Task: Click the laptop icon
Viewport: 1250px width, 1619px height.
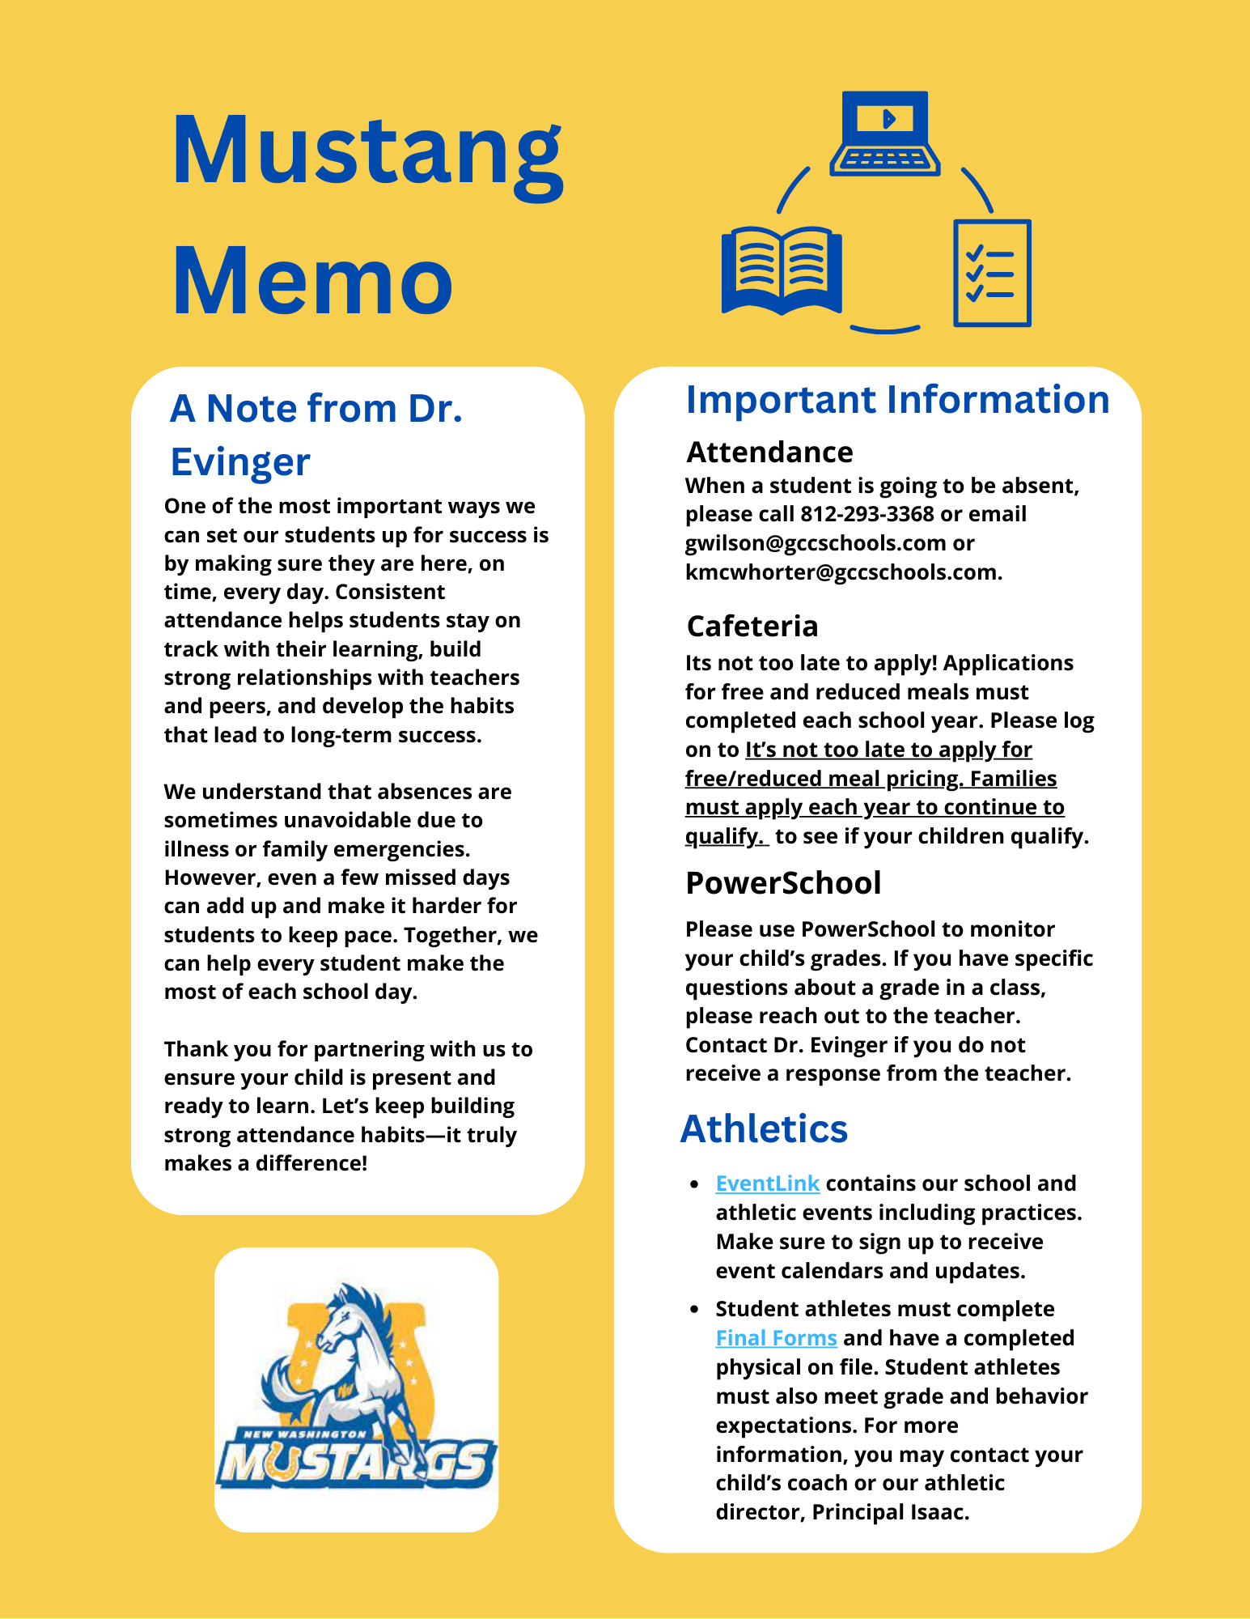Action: (x=885, y=133)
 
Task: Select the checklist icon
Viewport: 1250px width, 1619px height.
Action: (x=992, y=273)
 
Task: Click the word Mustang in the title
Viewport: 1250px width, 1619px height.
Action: (x=367, y=154)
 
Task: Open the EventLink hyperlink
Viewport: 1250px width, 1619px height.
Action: (x=767, y=1183)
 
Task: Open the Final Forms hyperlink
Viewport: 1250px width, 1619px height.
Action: (x=776, y=1338)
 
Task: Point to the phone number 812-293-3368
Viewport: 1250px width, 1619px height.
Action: (x=867, y=514)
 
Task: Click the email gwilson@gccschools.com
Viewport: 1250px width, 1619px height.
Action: (x=816, y=543)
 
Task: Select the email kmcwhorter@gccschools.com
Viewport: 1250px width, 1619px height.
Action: (x=841, y=572)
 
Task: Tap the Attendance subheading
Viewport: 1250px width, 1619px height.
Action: (x=769, y=452)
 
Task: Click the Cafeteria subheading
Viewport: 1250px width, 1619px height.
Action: (x=752, y=626)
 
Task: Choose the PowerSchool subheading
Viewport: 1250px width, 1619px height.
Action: (x=783, y=882)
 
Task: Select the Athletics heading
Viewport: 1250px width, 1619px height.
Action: (x=764, y=1128)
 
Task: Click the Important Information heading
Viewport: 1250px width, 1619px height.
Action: (x=897, y=400)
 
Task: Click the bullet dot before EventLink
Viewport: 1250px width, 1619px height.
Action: (x=694, y=1184)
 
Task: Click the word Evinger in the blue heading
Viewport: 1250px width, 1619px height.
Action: (x=240, y=462)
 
